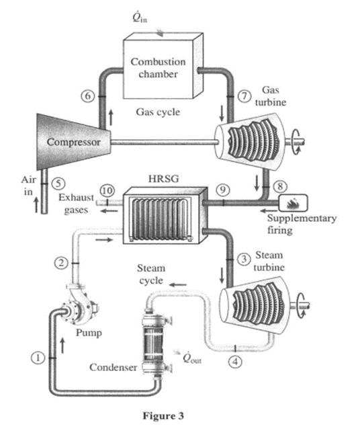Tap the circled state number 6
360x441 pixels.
click(x=87, y=95)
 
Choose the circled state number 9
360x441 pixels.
click(x=222, y=190)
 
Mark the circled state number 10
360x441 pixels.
click(x=104, y=191)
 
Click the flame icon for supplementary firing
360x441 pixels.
click(x=293, y=202)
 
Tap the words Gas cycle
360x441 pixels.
click(x=158, y=112)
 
